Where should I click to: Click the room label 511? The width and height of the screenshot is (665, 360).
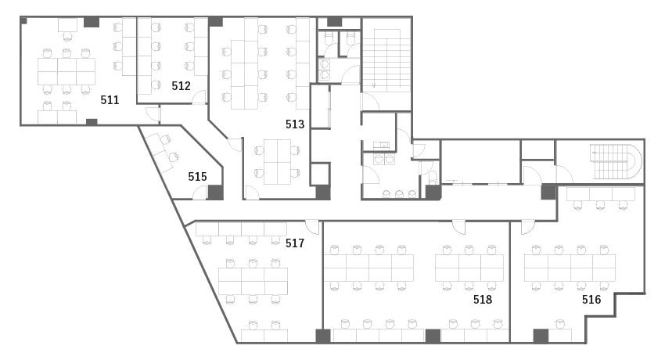(110, 100)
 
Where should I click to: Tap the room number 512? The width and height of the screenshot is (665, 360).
(181, 86)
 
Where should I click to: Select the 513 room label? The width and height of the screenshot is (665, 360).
(295, 124)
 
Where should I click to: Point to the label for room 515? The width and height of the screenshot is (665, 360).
(198, 176)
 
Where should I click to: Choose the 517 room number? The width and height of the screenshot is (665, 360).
(295, 243)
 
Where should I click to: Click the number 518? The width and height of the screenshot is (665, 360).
(483, 300)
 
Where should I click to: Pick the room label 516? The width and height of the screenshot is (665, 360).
(591, 300)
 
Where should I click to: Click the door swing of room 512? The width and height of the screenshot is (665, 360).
(199, 97)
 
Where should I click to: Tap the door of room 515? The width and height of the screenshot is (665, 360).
(199, 193)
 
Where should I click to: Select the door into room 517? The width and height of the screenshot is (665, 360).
(312, 227)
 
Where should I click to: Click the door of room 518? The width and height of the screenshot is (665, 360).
(458, 227)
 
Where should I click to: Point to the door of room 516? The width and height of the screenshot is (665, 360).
(528, 227)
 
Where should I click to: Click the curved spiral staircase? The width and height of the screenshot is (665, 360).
(616, 161)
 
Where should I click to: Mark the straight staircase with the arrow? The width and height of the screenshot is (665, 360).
(386, 59)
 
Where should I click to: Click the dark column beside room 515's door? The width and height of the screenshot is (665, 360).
(215, 193)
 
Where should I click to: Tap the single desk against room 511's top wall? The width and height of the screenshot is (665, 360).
(68, 25)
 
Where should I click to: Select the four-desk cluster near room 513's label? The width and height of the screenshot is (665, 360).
(278, 162)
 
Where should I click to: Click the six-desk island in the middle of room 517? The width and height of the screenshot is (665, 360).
(253, 281)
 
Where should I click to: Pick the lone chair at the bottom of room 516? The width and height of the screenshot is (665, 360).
(561, 324)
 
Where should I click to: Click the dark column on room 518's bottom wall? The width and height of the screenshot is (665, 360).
(433, 337)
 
